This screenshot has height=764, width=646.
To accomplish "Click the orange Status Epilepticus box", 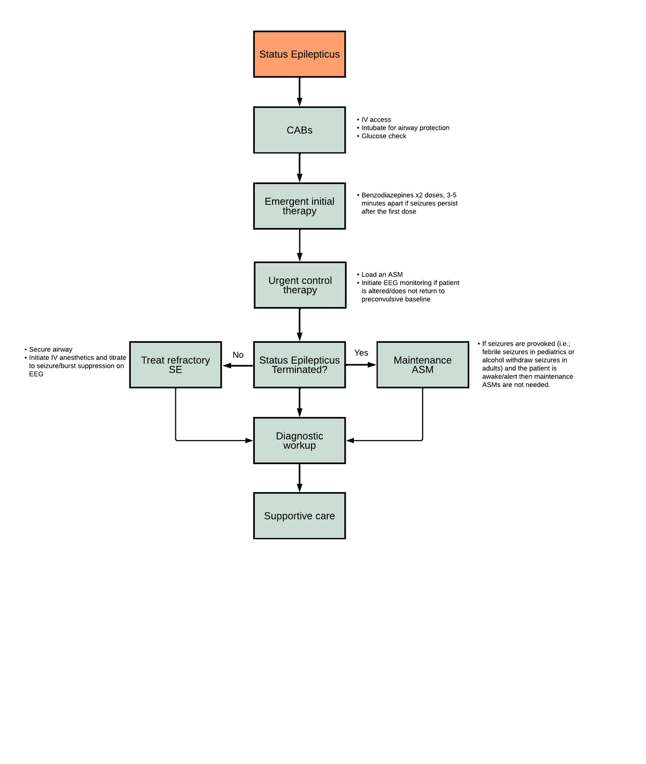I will [x=299, y=54].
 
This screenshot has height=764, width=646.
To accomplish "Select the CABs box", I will [x=299, y=130].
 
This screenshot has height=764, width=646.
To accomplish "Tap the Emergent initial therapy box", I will [x=299, y=206].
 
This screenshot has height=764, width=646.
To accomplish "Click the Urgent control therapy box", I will [x=300, y=285].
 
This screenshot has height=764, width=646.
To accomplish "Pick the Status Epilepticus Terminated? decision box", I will [x=299, y=364].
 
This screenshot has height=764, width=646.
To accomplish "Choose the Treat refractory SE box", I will [x=175, y=364].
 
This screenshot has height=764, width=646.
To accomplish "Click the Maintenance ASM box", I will [x=423, y=364].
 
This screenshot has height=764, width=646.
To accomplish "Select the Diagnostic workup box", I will [x=299, y=440].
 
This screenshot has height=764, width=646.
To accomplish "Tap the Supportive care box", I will [x=299, y=515].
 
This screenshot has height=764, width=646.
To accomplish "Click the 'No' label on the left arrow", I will [x=238, y=355].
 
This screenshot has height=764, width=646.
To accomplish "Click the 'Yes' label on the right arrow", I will [x=361, y=353].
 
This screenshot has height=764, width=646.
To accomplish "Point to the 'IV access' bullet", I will [x=376, y=120].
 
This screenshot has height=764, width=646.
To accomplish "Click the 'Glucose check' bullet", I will [x=383, y=136].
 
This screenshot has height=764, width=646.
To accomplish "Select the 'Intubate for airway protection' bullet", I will [x=405, y=128].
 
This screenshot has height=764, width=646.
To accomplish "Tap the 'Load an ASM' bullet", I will [x=382, y=275].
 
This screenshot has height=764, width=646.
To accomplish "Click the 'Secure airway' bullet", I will [x=50, y=350].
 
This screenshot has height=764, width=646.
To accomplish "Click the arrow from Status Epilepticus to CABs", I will [x=299, y=92].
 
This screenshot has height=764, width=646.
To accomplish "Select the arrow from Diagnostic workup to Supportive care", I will [x=299, y=478].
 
